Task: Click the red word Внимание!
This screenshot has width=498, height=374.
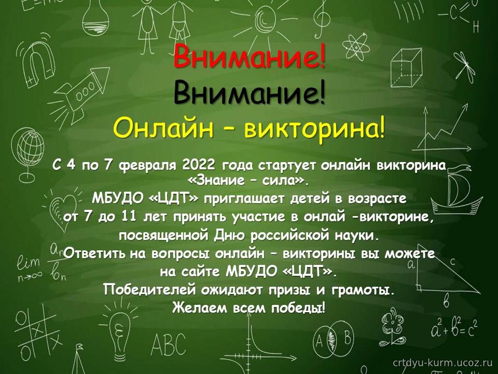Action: tap(250, 57)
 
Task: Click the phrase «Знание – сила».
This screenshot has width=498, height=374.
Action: tap(248, 181)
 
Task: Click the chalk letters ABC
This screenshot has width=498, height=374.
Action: tap(168, 344)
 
